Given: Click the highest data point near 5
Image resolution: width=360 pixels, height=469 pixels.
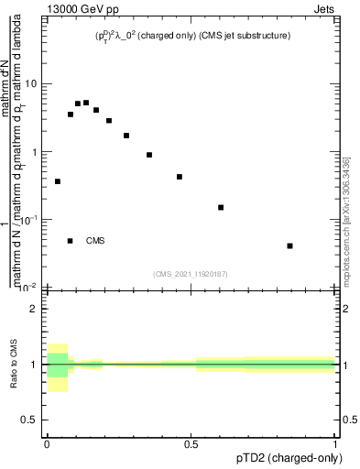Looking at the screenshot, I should click(86, 103).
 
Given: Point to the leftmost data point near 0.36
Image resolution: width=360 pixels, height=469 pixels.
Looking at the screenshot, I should click(58, 181).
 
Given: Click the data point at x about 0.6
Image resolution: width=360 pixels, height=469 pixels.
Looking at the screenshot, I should click(221, 207).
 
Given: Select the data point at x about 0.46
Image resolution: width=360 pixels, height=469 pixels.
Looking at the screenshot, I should click(180, 177).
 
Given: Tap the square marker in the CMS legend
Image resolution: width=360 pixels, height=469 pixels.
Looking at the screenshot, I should click(71, 241).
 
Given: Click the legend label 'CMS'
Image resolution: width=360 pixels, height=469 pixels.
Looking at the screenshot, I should click(95, 241).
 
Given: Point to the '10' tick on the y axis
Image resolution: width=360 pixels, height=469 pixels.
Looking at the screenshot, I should click(31, 84).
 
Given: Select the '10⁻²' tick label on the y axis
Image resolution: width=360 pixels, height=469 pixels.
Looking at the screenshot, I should click(30, 288).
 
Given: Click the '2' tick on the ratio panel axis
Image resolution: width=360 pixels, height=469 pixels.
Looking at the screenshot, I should click(34, 309).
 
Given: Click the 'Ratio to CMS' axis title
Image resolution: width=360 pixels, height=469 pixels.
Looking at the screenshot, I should click(14, 364).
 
